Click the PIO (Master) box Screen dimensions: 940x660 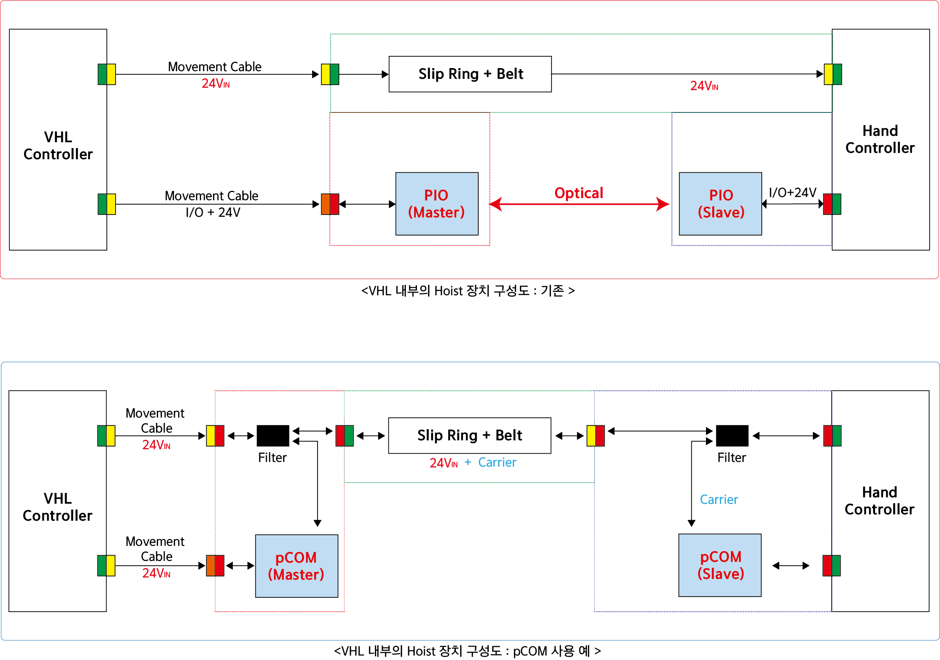(x=437, y=204)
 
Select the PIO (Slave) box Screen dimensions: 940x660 (x=720, y=204)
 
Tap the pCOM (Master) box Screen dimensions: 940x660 (x=297, y=566)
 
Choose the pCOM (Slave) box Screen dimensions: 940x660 (x=720, y=565)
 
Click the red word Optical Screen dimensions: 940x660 (x=578, y=193)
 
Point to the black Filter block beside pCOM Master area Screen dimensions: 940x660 (x=273, y=436)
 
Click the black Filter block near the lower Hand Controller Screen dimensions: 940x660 (x=732, y=436)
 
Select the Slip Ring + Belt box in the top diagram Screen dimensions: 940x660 (x=470, y=74)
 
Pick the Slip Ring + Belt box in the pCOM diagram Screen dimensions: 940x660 (x=470, y=436)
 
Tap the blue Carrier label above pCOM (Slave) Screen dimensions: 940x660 (x=719, y=500)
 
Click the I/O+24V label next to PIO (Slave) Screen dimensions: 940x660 (x=793, y=192)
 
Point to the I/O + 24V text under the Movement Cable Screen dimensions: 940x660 (x=213, y=213)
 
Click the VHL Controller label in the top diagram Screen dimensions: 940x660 (x=58, y=145)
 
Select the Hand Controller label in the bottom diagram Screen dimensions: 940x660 (x=879, y=501)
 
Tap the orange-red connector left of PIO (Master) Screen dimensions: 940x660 (x=330, y=204)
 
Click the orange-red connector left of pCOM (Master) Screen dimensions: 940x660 (x=215, y=566)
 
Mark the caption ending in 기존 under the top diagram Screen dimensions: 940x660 (x=468, y=291)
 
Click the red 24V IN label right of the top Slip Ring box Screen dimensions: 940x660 (x=704, y=86)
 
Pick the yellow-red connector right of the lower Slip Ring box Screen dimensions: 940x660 (x=596, y=436)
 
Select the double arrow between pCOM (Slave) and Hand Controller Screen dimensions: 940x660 (x=791, y=566)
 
